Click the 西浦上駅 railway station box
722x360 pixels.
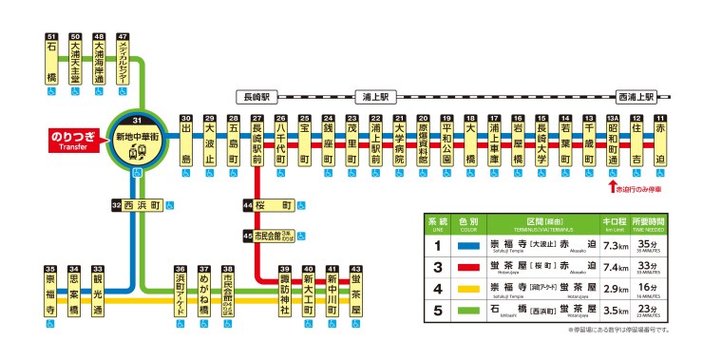[x=636, y=96]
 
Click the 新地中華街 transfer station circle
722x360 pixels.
[x=139, y=142]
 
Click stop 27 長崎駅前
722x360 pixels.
[x=256, y=142]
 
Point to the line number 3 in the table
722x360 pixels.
[x=438, y=266]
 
